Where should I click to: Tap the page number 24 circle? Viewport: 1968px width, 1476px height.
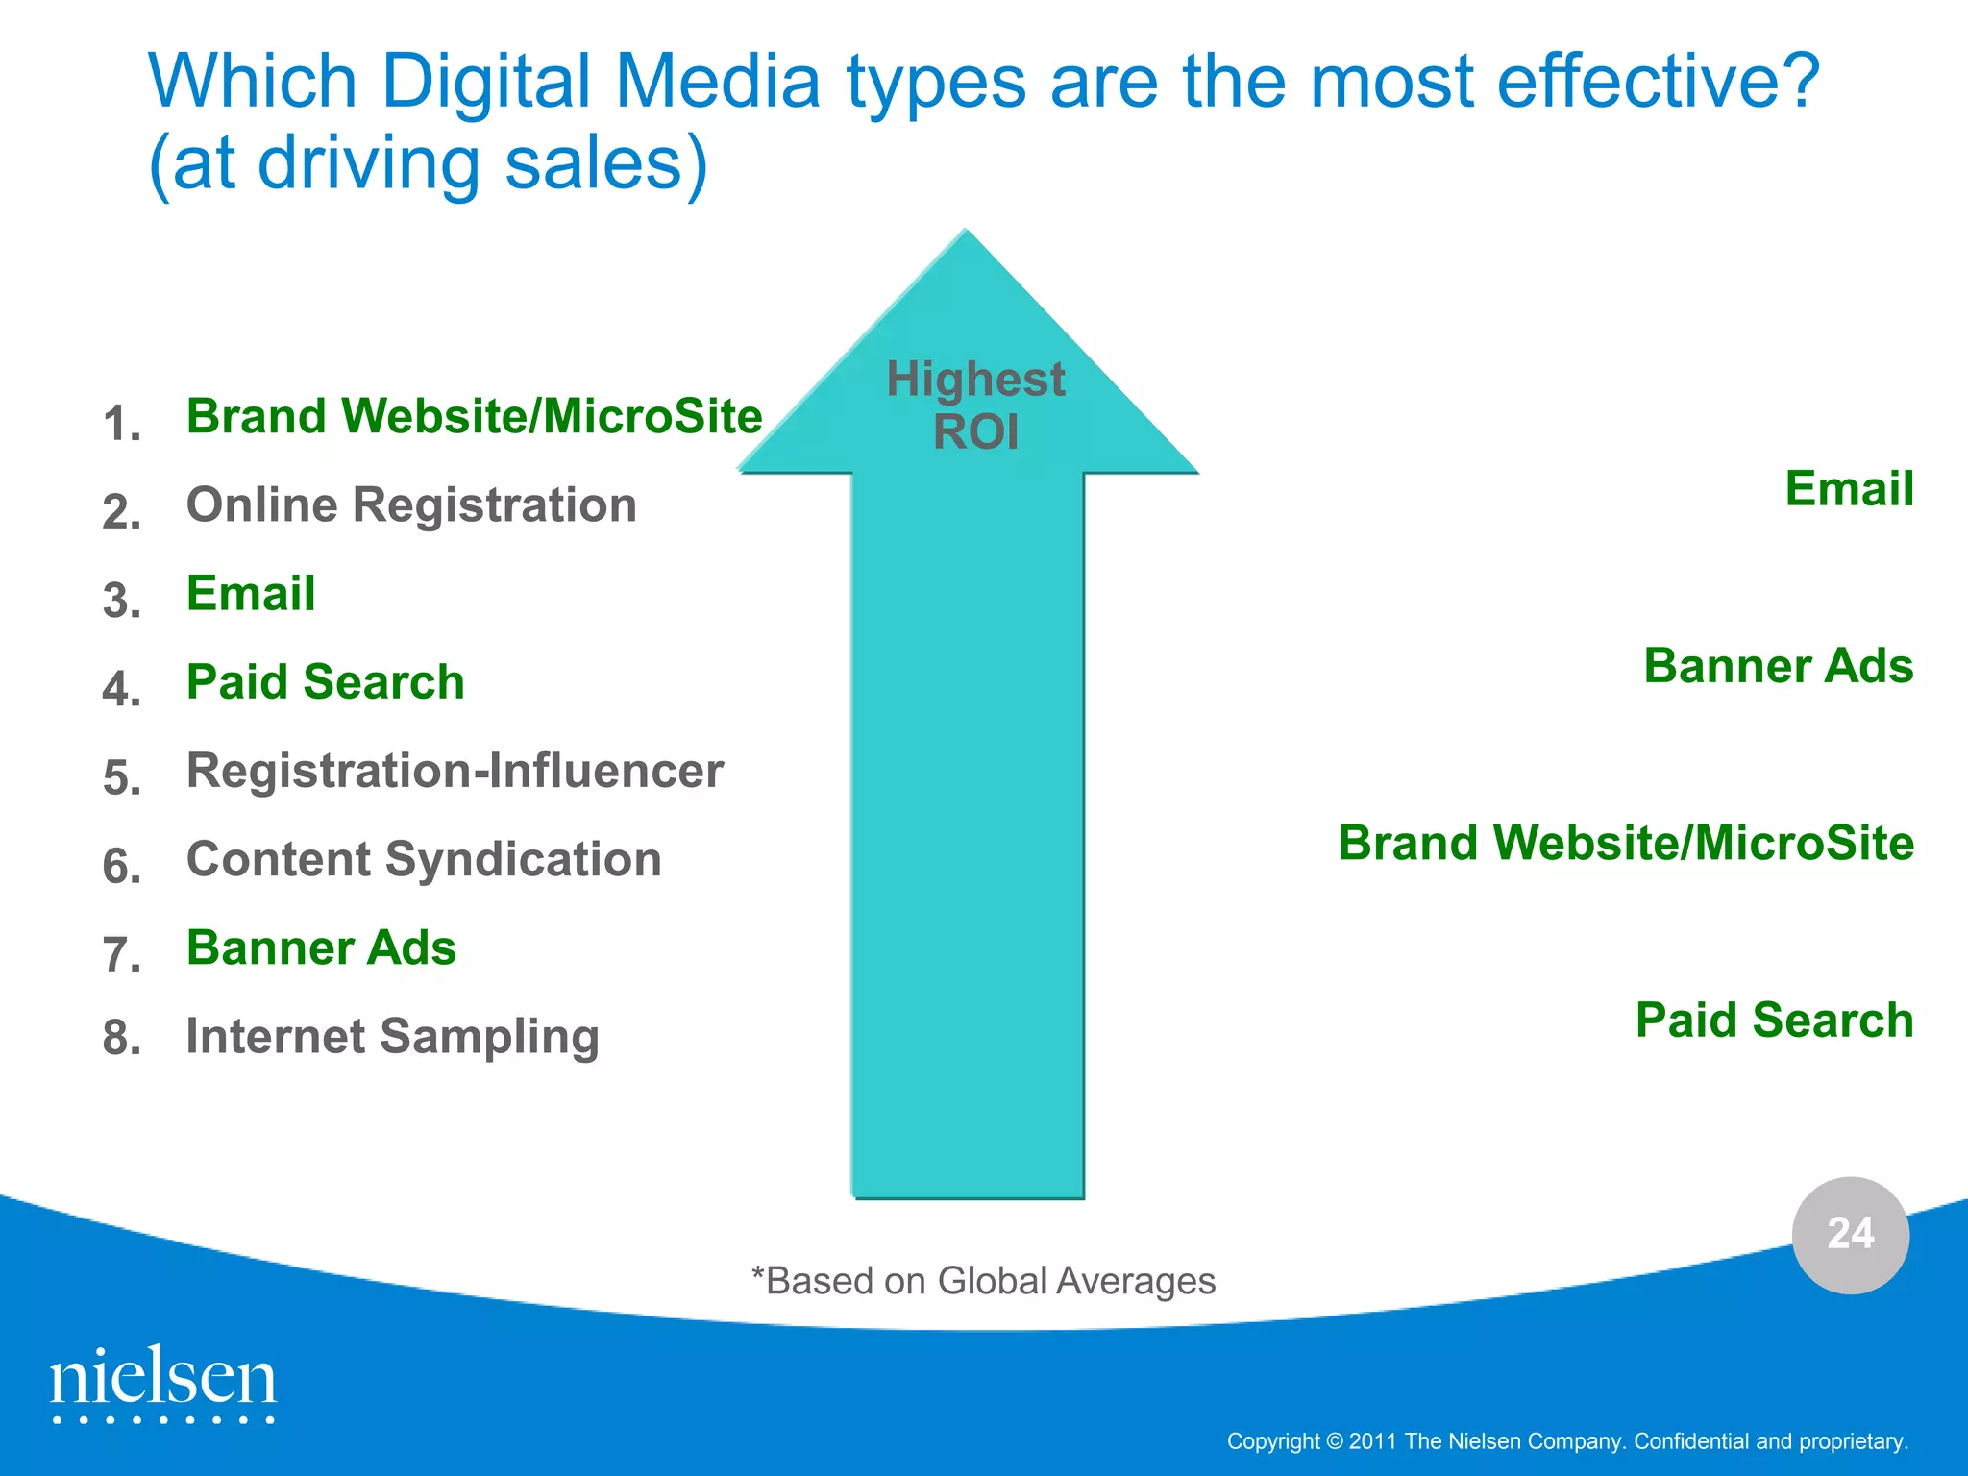(x=1850, y=1235)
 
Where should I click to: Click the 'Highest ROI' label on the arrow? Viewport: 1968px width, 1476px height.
(x=974, y=405)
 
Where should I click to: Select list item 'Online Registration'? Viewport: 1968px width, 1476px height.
(x=411, y=504)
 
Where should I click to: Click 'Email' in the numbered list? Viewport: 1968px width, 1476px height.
(x=251, y=593)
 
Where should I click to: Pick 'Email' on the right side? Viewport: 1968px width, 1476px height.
(x=1849, y=488)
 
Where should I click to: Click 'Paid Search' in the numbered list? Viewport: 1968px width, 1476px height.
(x=325, y=682)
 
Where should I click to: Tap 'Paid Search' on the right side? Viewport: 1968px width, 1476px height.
(x=1774, y=1020)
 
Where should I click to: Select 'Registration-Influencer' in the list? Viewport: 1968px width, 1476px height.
(x=455, y=771)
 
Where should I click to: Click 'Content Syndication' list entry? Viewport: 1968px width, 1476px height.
(x=424, y=859)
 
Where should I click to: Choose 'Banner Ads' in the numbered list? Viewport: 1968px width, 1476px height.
(x=321, y=947)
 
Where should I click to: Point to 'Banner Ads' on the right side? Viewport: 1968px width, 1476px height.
(x=1778, y=666)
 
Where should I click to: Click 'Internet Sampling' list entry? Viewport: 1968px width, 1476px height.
(x=392, y=1037)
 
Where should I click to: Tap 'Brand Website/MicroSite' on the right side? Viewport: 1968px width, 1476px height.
(x=1626, y=843)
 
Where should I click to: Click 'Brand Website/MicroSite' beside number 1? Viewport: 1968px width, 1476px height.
(x=474, y=416)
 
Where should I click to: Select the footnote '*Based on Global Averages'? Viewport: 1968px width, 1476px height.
(x=983, y=1281)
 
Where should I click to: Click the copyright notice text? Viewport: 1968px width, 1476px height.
(x=1567, y=1441)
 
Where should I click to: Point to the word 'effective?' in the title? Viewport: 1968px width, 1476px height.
(x=1658, y=81)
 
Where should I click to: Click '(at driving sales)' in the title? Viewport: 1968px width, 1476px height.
(x=429, y=163)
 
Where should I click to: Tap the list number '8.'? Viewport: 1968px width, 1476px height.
(x=122, y=1039)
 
